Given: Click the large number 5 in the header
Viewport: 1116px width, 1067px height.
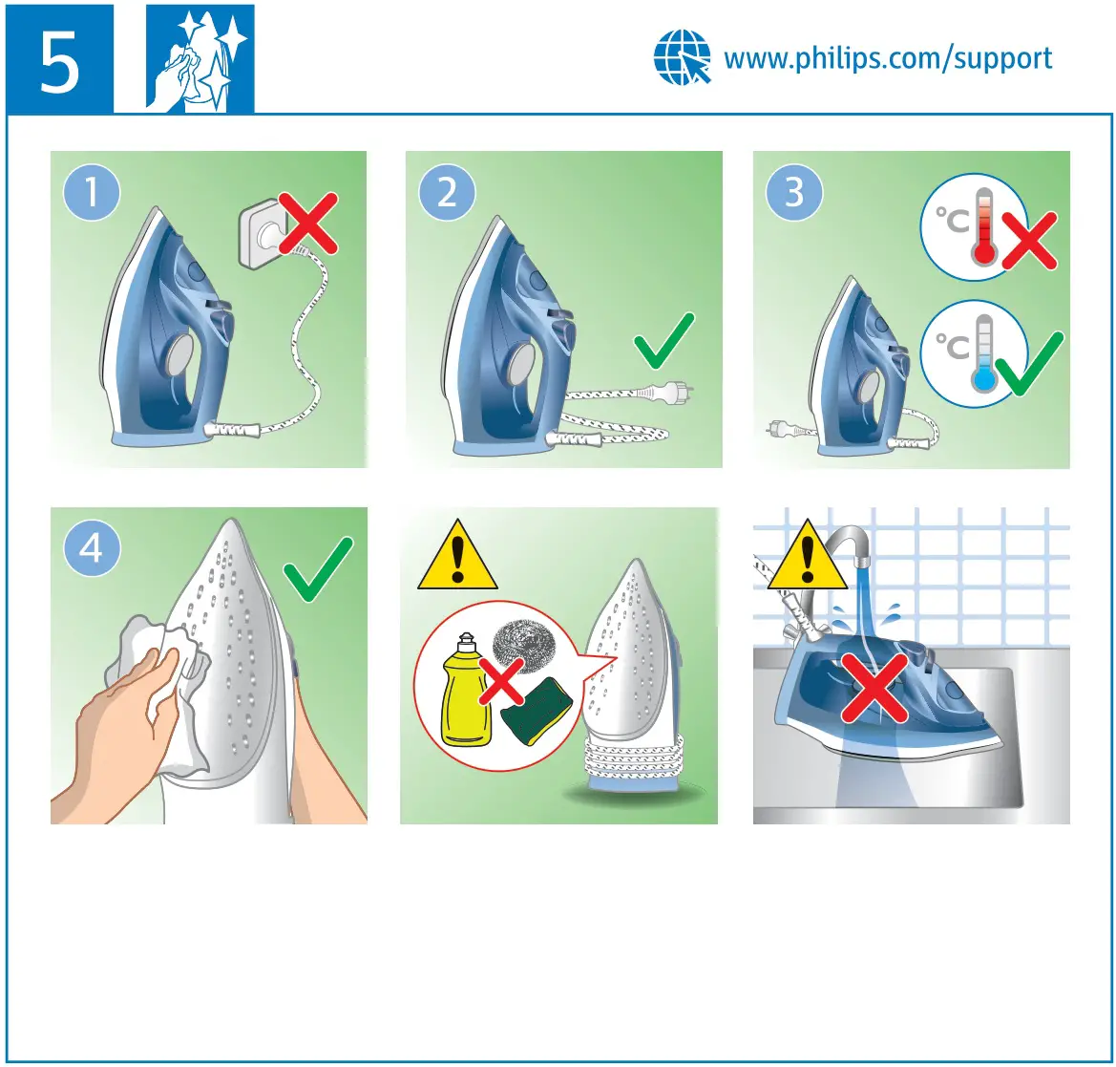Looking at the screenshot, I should [59, 59].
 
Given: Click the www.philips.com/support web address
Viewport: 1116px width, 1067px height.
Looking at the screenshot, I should [888, 58].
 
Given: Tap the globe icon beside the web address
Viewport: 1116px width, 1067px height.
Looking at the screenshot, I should [682, 57].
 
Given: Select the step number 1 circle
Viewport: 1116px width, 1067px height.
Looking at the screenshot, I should [92, 194].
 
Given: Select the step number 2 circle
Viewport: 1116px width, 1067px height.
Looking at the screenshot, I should [447, 194].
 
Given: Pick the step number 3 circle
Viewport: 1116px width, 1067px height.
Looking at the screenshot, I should [794, 194].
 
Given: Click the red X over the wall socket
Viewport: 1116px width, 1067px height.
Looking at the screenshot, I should [307, 224].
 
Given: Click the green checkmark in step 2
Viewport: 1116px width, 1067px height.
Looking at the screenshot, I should [664, 340].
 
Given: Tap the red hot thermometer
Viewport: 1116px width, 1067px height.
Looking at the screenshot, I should [982, 227].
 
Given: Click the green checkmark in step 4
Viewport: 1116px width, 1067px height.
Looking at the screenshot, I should [318, 569].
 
